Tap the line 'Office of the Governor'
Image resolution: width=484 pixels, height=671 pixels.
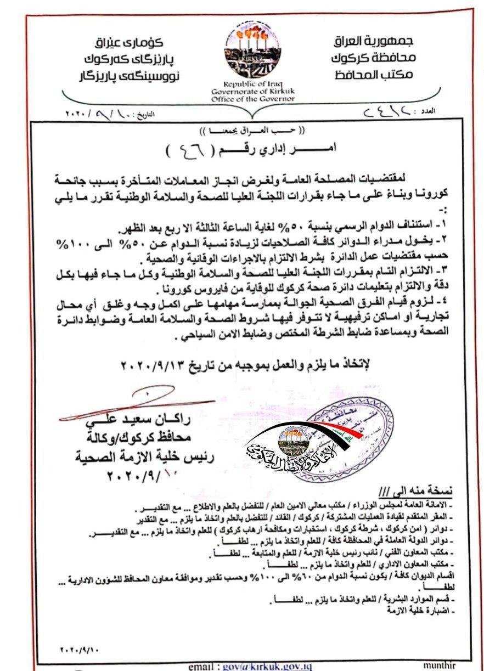(252, 99)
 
